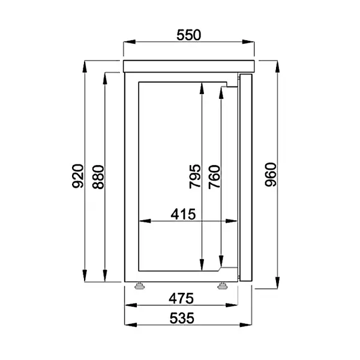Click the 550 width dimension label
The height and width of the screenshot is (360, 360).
[188, 35]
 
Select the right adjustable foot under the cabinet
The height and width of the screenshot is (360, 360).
[223, 285]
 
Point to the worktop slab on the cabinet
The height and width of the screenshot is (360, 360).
[188, 65]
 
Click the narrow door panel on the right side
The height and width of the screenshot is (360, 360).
[246, 176]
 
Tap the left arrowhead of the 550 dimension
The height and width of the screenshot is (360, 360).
[126, 42]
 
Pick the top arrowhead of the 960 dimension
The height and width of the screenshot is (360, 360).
[278, 64]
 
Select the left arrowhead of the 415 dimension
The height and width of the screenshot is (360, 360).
[143, 221]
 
